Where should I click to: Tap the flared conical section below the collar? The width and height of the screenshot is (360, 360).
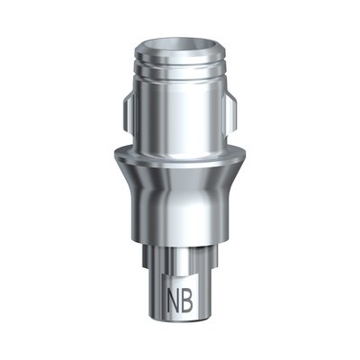pyautogui.click(x=180, y=193)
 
